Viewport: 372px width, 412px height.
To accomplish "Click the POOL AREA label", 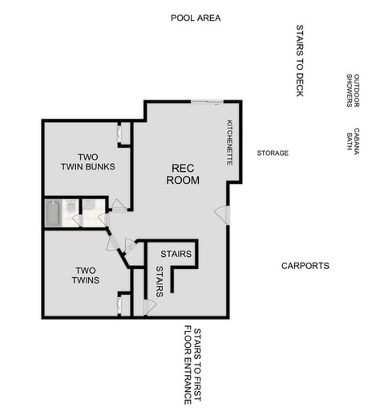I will coord(196,18).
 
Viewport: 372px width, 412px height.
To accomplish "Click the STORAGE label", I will coord(273,153).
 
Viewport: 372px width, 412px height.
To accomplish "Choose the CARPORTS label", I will coord(305,266).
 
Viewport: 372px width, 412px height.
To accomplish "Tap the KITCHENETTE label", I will coord(230,142).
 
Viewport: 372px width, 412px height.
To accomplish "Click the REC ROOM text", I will coord(183,174).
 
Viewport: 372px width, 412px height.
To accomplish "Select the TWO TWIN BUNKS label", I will coord(87,161).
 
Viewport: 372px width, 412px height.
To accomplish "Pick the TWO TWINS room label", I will coord(87,275).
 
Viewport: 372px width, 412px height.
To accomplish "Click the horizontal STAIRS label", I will coord(176,255).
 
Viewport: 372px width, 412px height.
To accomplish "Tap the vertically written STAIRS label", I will coord(159,282).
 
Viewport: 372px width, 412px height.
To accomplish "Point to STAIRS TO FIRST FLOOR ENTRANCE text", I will coord(192,365).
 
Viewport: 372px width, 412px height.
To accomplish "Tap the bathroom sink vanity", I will coord(90,206).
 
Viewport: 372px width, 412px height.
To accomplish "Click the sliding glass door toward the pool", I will coord(207,101).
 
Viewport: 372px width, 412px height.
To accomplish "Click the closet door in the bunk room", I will coord(122,134).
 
